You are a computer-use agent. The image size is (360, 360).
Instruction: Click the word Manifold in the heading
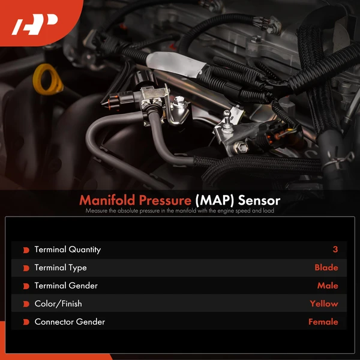pyautogui.click(x=107, y=199)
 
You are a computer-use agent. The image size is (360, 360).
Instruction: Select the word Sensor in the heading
pyautogui.click(x=259, y=199)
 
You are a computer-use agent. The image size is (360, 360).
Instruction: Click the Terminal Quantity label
pyautogui.click(x=67, y=250)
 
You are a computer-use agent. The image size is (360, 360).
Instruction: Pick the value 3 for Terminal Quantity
pyautogui.click(x=335, y=250)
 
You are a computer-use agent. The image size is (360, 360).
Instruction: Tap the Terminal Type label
pyautogui.click(x=60, y=268)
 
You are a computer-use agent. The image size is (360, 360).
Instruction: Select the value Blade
pyautogui.click(x=326, y=268)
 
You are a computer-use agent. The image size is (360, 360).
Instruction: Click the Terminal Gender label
pyautogui.click(x=65, y=286)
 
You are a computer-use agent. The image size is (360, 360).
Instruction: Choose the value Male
pyautogui.click(x=328, y=286)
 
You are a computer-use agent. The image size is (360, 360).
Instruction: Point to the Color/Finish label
pyautogui.click(x=58, y=304)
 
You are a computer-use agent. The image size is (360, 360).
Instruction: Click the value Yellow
pyautogui.click(x=323, y=304)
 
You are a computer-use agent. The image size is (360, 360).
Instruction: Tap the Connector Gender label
pyautogui.click(x=70, y=322)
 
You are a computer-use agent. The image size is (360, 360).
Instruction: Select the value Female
pyautogui.click(x=323, y=322)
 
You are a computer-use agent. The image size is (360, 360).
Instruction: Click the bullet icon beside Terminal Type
pyautogui.click(x=26, y=268)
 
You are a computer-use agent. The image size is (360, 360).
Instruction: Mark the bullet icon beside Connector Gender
pyautogui.click(x=26, y=322)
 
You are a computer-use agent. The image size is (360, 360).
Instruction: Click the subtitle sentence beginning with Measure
pyautogui.click(x=180, y=211)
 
